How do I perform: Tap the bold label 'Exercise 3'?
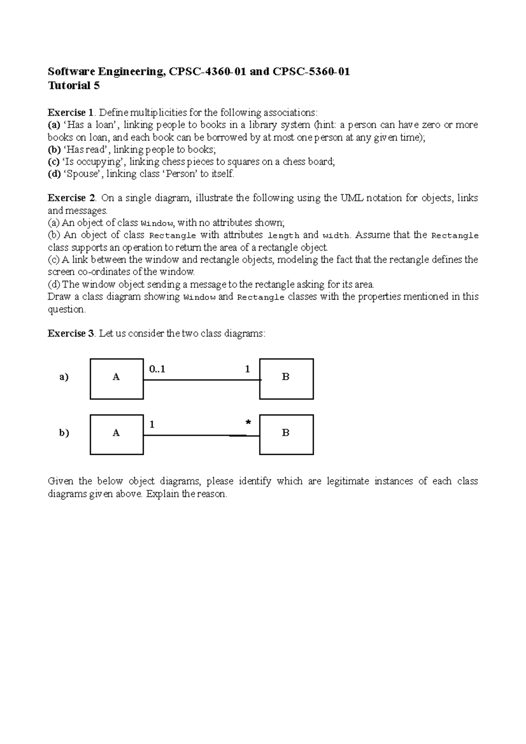[71, 333]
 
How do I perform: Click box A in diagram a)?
[117, 379]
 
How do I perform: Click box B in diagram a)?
[286, 379]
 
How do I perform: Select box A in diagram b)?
[117, 434]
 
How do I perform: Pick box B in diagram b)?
[286, 434]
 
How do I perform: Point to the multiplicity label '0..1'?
[157, 369]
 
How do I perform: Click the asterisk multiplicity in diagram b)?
[249, 422]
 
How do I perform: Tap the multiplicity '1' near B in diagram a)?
[247, 369]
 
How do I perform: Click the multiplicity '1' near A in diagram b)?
[152, 425]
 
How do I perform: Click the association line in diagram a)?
[202, 380]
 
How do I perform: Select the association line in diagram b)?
[202, 436]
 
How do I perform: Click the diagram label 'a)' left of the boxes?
[64, 377]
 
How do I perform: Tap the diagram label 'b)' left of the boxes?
[64, 433]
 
